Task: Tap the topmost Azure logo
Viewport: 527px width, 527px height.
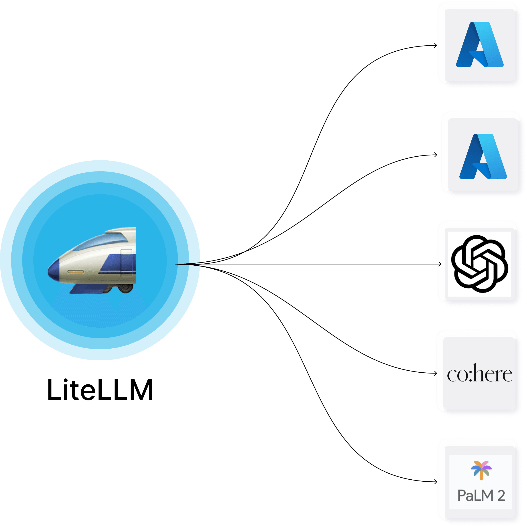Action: click(480, 44)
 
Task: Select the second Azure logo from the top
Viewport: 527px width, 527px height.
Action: click(483, 156)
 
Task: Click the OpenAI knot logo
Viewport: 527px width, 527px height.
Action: click(480, 264)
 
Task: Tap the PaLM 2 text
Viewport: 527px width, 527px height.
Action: click(481, 496)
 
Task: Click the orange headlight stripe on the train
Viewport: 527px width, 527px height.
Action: click(76, 272)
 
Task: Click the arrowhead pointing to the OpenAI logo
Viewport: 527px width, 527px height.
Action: click(440, 264)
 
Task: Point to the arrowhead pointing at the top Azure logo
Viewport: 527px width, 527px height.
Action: click(436, 45)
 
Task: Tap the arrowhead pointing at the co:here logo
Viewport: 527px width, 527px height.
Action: click(436, 373)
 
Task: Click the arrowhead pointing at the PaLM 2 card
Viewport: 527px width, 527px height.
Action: click(436, 482)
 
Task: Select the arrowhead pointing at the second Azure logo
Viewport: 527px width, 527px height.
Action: click(436, 155)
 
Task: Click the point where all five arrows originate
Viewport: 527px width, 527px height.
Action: click(175, 264)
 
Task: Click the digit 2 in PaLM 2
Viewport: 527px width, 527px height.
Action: click(501, 496)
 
